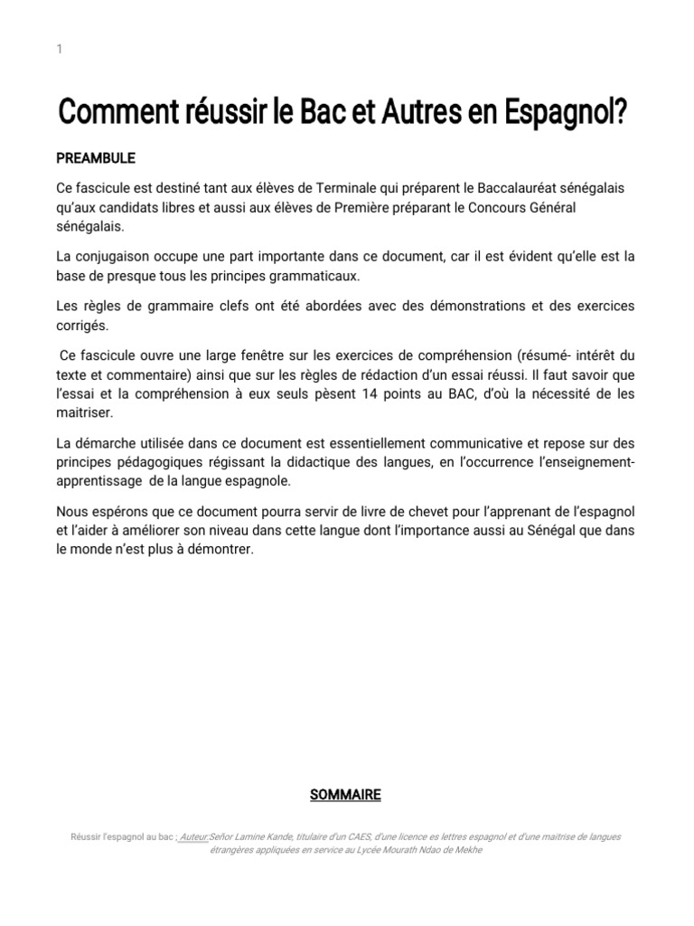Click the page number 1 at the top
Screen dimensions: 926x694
[x=59, y=50]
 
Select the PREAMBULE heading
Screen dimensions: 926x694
[x=96, y=158]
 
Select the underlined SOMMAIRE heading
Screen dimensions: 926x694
[x=345, y=795]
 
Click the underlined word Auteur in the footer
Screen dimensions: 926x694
[x=192, y=837]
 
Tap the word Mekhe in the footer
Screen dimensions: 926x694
[x=465, y=851]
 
